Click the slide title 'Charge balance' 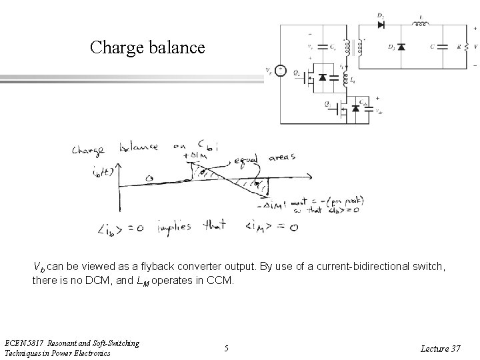[148, 47]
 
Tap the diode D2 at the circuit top [381, 25]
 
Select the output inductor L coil [421, 25]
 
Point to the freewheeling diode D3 [401, 47]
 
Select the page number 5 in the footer [227, 347]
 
